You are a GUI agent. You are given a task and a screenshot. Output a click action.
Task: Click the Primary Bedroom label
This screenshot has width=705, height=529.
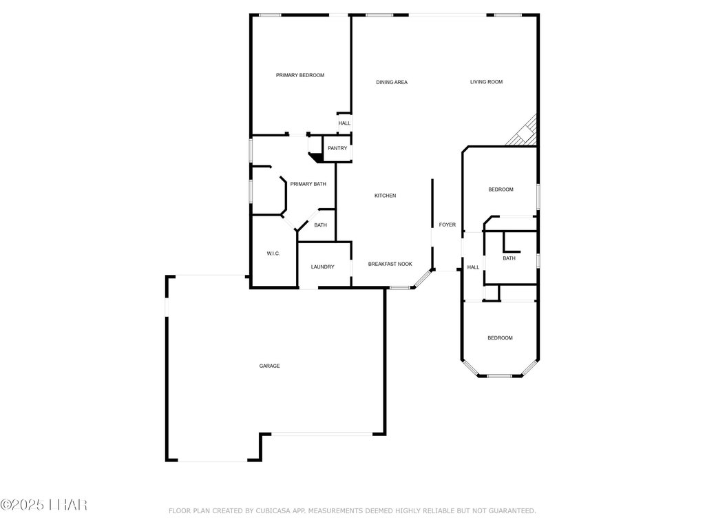tap(299, 75)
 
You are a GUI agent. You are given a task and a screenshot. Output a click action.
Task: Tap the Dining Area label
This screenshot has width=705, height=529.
tap(392, 83)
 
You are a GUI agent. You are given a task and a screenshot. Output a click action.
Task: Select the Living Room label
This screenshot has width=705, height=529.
tap(486, 82)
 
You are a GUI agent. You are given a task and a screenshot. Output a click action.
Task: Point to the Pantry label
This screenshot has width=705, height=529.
tap(337, 148)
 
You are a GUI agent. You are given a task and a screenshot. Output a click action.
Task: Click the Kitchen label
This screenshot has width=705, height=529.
tap(385, 196)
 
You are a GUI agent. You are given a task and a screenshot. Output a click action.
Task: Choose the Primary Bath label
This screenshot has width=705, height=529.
tap(308, 184)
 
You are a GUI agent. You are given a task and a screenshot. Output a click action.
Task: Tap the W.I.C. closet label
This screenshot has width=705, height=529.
tap(273, 254)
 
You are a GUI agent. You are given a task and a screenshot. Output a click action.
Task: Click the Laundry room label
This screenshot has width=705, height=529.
tap(322, 267)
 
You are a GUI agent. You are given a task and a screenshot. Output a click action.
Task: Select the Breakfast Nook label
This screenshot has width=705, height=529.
tap(390, 264)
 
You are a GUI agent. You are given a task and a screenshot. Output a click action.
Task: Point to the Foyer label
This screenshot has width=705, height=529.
tap(448, 225)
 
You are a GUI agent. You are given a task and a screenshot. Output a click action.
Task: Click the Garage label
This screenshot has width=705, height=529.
tap(269, 366)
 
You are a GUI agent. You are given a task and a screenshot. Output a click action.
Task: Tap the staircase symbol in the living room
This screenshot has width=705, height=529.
tap(524, 132)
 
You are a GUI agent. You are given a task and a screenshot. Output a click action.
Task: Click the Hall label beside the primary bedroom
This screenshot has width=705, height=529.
tap(344, 123)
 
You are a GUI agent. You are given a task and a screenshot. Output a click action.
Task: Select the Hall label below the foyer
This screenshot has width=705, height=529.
tap(473, 267)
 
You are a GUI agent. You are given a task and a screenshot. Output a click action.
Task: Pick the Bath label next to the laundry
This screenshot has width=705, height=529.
tap(321, 225)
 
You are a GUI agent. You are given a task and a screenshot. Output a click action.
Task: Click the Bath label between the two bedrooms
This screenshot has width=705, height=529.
tap(509, 258)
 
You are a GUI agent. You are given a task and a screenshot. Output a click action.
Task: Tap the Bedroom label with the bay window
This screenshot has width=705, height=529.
tap(500, 338)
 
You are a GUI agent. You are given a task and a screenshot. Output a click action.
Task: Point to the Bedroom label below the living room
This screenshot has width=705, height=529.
tap(501, 189)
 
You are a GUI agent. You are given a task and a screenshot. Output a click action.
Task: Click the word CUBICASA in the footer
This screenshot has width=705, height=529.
tap(275, 510)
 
